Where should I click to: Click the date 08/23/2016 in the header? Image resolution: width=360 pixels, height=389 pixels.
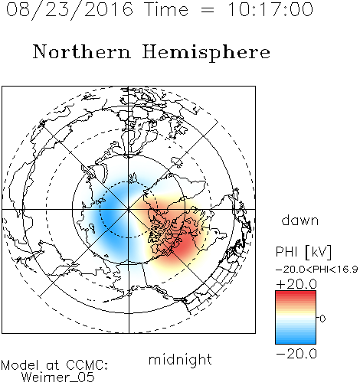(70, 9)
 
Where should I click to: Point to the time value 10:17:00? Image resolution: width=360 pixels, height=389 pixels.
(270, 9)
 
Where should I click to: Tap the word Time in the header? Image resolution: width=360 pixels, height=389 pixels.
(166, 9)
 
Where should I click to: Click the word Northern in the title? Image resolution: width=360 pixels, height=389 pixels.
(82, 51)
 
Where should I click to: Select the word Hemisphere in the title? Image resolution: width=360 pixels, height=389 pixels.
(206, 53)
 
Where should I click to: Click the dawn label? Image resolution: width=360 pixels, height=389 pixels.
(299, 220)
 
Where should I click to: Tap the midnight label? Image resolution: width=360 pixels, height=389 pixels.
(180, 359)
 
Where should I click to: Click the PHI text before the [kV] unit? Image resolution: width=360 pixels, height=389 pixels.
(286, 252)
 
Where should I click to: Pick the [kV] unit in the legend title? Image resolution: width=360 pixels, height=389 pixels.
(319, 252)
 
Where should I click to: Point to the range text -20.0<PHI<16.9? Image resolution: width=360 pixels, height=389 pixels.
(317, 270)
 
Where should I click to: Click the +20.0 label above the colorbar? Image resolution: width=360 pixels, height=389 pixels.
(296, 284)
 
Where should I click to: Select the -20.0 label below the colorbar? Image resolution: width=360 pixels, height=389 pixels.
(296, 354)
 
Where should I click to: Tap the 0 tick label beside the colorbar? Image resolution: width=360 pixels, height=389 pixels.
(322, 319)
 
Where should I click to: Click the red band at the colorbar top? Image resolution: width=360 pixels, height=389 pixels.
(296, 294)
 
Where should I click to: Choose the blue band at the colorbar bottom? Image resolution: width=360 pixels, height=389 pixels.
(296, 341)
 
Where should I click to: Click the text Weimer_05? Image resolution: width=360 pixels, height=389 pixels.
(58, 377)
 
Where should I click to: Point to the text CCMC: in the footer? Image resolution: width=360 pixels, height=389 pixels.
(87, 365)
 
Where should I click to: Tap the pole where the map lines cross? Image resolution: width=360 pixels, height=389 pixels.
(129, 209)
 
